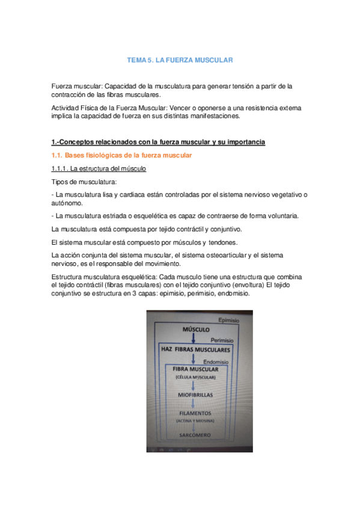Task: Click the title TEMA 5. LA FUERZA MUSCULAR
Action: tap(180, 61)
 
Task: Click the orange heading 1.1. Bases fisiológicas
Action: tap(123, 156)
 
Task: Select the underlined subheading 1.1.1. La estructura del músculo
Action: tap(99, 168)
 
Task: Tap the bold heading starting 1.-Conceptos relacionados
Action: tap(158, 142)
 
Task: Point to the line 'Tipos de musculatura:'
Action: tap(84, 181)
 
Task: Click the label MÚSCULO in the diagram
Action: tap(195, 330)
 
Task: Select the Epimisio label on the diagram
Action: tap(229, 321)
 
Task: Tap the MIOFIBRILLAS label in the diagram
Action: tap(195, 395)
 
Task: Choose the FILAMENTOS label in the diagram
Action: tap(195, 414)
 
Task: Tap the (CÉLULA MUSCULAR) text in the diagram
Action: tap(195, 376)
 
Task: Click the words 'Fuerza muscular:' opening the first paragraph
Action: tap(75, 87)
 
